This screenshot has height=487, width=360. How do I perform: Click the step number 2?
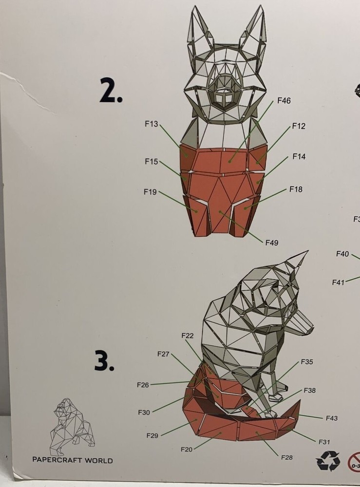pyautogui.click(x=111, y=91)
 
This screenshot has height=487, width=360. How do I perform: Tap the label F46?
pyautogui.click(x=284, y=101)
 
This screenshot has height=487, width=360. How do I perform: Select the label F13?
pyautogui.click(x=152, y=124)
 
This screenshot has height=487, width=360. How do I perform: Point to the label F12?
pyautogui.click(x=299, y=126)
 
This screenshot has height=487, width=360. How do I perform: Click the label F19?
pyautogui.click(x=151, y=192)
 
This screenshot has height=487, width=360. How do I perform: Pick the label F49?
pyautogui.click(x=272, y=242)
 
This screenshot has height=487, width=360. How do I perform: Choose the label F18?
pyautogui.click(x=296, y=188)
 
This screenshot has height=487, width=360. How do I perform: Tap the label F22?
pyautogui.click(x=188, y=336)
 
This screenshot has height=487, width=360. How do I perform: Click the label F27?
pyautogui.click(x=163, y=354)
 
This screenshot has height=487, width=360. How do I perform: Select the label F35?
pyautogui.click(x=307, y=362)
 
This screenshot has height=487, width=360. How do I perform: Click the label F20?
pyautogui.click(x=187, y=449)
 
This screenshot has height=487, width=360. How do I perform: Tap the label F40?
pyautogui.click(x=342, y=254)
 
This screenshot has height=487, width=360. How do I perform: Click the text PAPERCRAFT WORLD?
pyautogui.click(x=72, y=460)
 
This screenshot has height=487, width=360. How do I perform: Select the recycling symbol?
pyautogui.click(x=328, y=460)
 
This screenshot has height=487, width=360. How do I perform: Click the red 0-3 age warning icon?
pyautogui.click(x=355, y=461)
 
